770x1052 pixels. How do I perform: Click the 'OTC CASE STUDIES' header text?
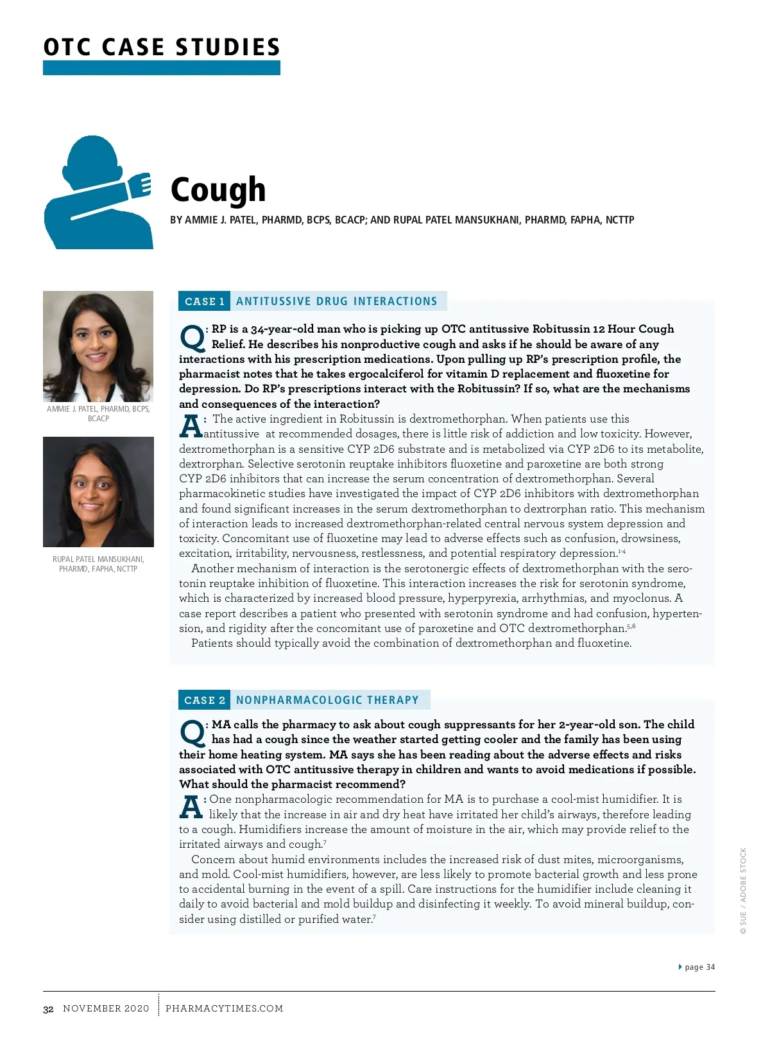[162, 47]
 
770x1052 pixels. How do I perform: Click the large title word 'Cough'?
[218, 189]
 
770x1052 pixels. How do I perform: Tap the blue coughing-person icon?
[98, 193]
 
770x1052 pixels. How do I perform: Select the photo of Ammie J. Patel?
[98, 346]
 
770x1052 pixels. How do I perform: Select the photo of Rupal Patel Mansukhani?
[98, 492]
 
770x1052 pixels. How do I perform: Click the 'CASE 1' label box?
[205, 301]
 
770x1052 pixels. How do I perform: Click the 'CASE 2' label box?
[205, 700]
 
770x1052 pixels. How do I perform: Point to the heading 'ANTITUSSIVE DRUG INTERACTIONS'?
[336, 301]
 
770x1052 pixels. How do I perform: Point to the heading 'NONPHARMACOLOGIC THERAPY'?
[327, 700]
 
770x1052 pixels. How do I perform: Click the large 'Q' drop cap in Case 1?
[191, 337]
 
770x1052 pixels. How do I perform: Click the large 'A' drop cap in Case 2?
[191, 807]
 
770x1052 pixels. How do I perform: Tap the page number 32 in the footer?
[48, 1009]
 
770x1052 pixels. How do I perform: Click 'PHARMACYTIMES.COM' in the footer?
[224, 1008]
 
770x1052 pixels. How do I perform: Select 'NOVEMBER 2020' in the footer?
[106, 1008]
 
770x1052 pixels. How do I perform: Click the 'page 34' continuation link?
[699, 967]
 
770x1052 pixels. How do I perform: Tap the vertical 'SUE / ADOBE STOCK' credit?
[743, 891]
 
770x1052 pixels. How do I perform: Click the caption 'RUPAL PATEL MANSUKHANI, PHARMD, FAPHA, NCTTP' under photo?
[98, 564]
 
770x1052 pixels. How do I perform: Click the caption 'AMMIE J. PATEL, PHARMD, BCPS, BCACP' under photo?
[98, 414]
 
